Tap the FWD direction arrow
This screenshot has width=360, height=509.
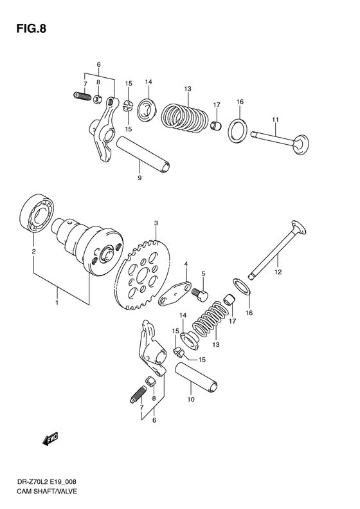coord(51,439)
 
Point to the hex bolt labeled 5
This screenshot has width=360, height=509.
coord(200,293)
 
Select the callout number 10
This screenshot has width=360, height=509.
coord(190,399)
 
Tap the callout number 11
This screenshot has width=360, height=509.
coord(275,120)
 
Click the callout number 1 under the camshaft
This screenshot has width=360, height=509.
coord(57,301)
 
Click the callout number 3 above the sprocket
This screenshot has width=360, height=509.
coord(155,223)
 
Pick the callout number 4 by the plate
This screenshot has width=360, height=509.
coord(185,264)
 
